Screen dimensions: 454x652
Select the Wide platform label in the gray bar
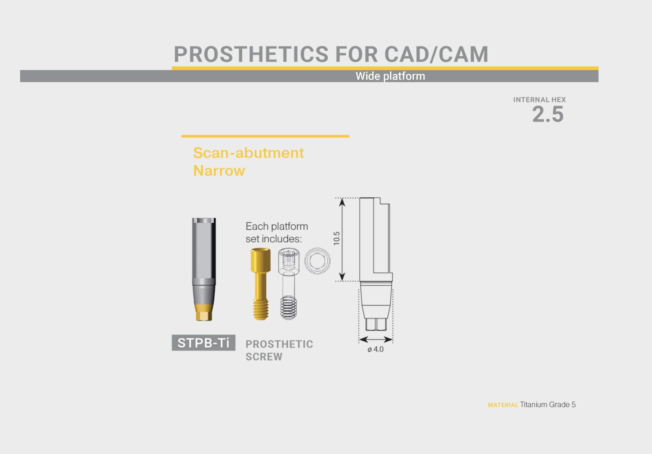(x=390, y=76)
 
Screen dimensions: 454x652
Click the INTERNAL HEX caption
(x=539, y=100)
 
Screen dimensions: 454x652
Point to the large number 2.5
(x=548, y=114)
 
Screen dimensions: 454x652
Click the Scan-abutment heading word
(x=248, y=153)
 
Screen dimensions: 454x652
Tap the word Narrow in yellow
(x=219, y=171)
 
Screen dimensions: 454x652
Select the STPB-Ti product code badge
(x=203, y=343)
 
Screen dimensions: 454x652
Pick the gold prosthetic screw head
(x=260, y=260)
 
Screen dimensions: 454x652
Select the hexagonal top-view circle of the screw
(x=317, y=261)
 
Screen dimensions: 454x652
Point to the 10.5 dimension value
(x=337, y=238)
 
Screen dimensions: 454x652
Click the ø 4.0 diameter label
(x=375, y=349)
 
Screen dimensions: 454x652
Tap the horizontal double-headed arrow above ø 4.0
(x=376, y=340)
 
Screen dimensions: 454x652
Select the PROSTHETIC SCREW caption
(x=279, y=350)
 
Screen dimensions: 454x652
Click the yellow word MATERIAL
(x=503, y=405)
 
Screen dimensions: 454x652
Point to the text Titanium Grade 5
(x=548, y=405)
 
